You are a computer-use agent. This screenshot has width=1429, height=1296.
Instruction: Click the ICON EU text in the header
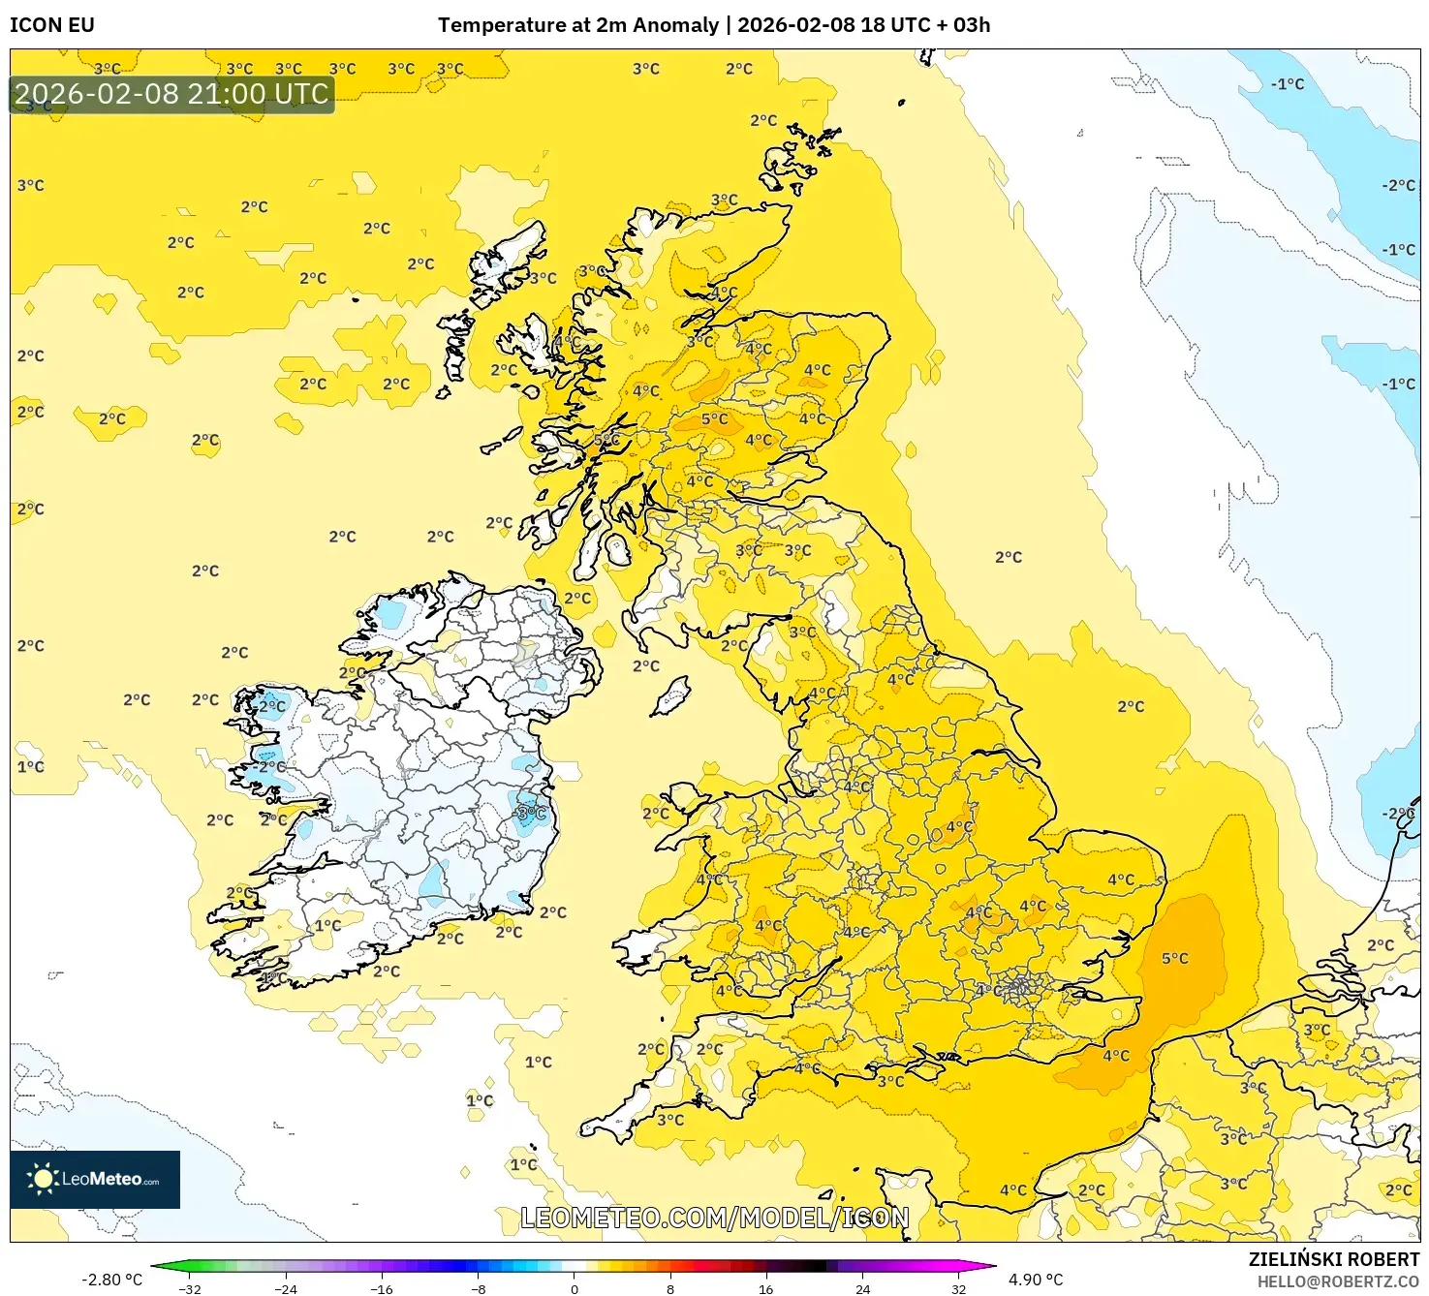pyautogui.click(x=52, y=25)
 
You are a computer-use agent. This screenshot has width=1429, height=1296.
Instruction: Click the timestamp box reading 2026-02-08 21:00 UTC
pyautogui.click(x=172, y=94)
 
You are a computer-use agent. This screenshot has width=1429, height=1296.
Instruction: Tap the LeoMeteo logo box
pyautogui.click(x=95, y=1179)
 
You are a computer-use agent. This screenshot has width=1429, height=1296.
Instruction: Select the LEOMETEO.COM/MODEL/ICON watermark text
pyautogui.click(x=715, y=1219)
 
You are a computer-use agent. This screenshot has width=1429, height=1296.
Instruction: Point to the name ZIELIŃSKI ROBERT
pyautogui.click(x=1333, y=1259)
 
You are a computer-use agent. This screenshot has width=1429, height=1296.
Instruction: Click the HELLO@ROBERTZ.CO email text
pyautogui.click(x=1337, y=1281)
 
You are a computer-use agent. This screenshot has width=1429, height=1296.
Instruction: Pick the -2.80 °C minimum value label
pyautogui.click(x=111, y=1280)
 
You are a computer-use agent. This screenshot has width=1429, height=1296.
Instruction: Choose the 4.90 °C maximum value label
pyautogui.click(x=1036, y=1280)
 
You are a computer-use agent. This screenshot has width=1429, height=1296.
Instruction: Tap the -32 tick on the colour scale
pyautogui.click(x=190, y=1288)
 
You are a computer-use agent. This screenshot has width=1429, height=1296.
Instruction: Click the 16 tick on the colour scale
pyautogui.click(x=765, y=1288)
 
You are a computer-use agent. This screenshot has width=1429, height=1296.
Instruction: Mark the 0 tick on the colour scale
pyautogui.click(x=575, y=1288)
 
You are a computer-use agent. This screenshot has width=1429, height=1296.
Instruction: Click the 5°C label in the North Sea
pyautogui.click(x=1174, y=959)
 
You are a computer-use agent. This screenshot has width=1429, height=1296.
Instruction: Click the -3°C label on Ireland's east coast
pyautogui.click(x=530, y=813)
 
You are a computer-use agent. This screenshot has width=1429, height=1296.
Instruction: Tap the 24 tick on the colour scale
pyautogui.click(x=862, y=1288)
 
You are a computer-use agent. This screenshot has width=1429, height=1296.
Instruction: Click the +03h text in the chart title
pyautogui.click(x=963, y=25)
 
